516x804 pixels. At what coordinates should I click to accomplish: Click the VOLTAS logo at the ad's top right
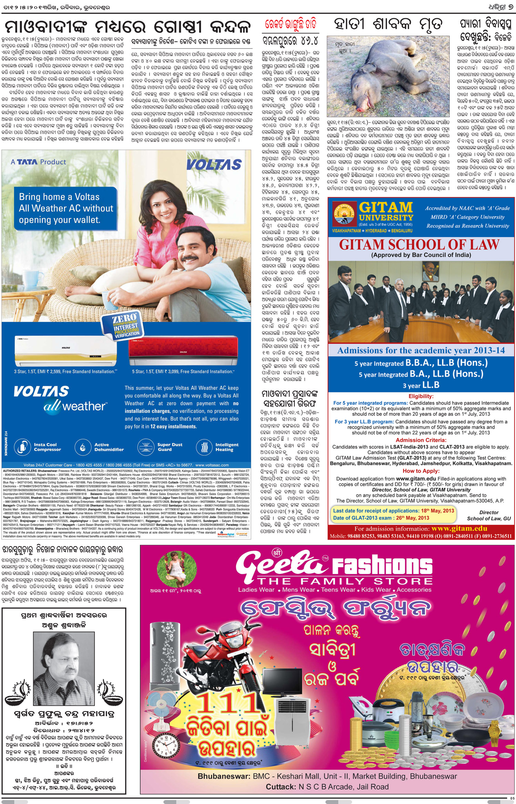[x=214, y=164]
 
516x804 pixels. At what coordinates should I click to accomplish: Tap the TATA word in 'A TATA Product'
[x=27, y=162]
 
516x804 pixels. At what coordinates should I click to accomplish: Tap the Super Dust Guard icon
[x=145, y=447]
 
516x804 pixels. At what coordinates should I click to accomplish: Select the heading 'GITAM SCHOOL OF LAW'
[x=419, y=245]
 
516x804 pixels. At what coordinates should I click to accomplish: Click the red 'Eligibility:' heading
[x=421, y=396]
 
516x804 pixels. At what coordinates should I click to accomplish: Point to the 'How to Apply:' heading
[x=421, y=471]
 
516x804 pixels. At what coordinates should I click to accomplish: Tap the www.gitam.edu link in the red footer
[x=459, y=528]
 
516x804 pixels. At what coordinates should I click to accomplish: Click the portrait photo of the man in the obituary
[x=64, y=667]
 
